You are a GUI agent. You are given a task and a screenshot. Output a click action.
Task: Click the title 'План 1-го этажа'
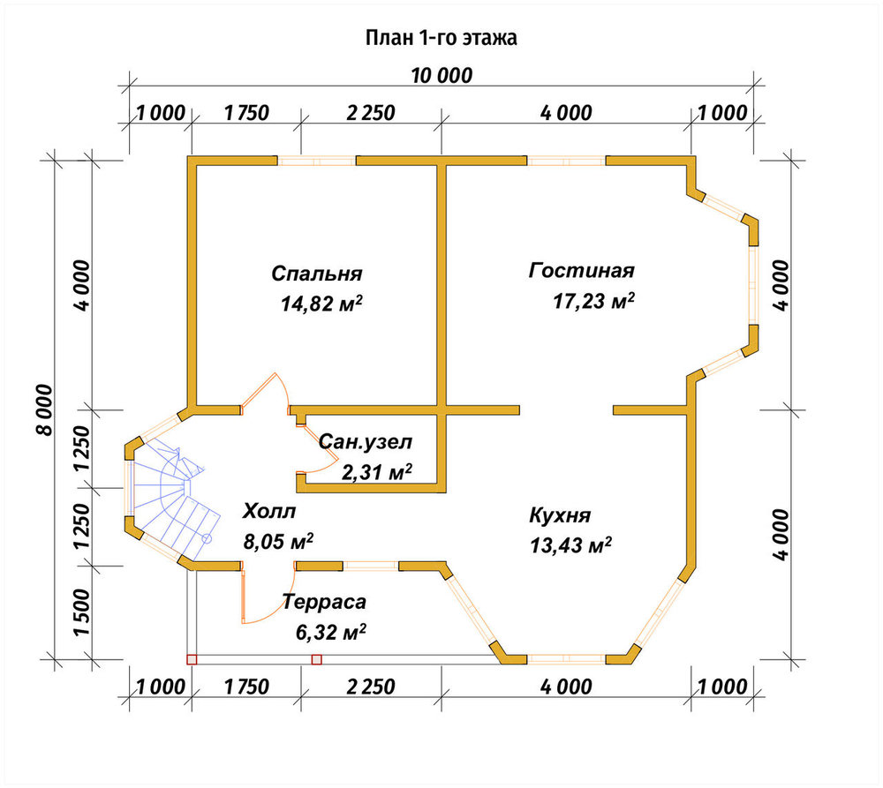coord(441,38)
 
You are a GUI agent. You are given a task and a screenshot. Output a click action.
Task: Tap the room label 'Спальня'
coord(316,274)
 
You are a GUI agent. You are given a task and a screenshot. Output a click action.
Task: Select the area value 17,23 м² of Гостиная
coord(593,301)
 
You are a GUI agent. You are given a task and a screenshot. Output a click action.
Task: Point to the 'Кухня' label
coord(561,515)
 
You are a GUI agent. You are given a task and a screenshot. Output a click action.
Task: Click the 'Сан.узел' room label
coord(366,442)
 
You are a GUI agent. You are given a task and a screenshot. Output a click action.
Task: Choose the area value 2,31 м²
coord(377,472)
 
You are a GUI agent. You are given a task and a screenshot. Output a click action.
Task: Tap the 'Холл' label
coord(269,512)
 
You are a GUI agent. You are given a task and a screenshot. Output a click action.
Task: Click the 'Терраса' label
coord(324,602)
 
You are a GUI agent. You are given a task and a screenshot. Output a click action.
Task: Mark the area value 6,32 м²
coord(330,632)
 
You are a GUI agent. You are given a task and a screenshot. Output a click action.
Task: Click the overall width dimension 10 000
coord(441,75)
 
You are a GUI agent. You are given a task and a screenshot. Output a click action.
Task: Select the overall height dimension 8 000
coord(44,409)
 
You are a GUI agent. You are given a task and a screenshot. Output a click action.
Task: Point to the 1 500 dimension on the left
coord(81,612)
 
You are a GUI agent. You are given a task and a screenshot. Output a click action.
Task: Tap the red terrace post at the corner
coord(192,659)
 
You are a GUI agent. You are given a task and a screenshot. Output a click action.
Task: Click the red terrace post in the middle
coord(316,659)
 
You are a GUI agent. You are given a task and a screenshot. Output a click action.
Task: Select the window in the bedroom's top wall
coord(317,161)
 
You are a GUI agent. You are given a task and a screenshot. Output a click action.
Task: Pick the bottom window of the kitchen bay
coord(566,659)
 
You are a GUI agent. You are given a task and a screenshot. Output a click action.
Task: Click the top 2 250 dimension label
coord(371,113)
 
